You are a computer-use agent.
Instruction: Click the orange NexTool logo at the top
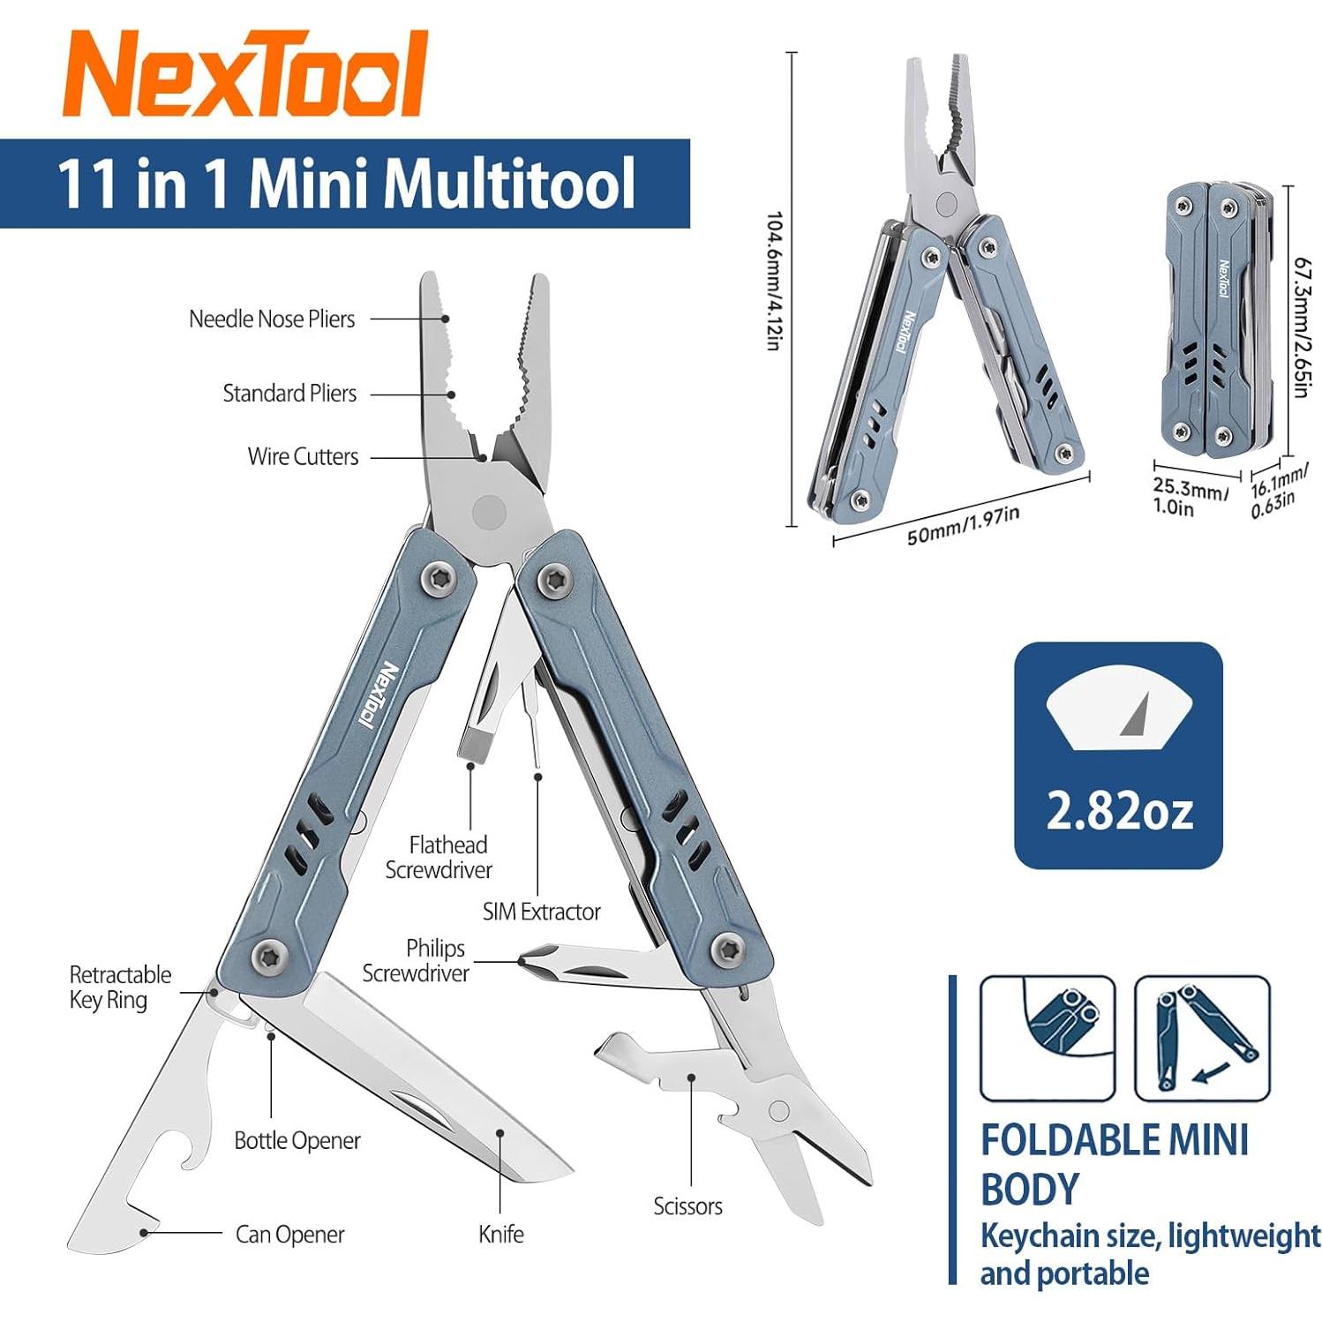tap(245, 74)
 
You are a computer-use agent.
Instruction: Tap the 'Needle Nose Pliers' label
tap(272, 319)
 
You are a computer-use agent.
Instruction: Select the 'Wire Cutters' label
tap(303, 456)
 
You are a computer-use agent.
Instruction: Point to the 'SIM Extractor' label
tap(541, 912)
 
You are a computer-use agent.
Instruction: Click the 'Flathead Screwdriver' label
tap(439, 857)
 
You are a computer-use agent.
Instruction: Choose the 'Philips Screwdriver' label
tap(417, 960)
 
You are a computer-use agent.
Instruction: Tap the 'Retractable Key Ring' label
tap(120, 987)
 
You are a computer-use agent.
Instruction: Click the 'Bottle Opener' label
tap(297, 1140)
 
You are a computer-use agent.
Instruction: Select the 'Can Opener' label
tap(289, 1234)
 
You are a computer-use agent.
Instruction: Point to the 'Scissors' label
tap(687, 1206)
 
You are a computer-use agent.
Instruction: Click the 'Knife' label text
tap(500, 1234)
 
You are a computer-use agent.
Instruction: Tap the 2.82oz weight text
tap(1118, 810)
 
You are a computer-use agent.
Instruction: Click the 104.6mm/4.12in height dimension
tap(773, 281)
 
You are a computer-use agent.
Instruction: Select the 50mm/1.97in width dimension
tap(963, 525)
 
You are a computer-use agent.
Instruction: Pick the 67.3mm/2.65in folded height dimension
tap(1301, 327)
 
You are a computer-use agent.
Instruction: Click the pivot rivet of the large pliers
tap(489, 512)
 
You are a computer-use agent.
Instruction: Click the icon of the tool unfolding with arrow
tap(1202, 1038)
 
